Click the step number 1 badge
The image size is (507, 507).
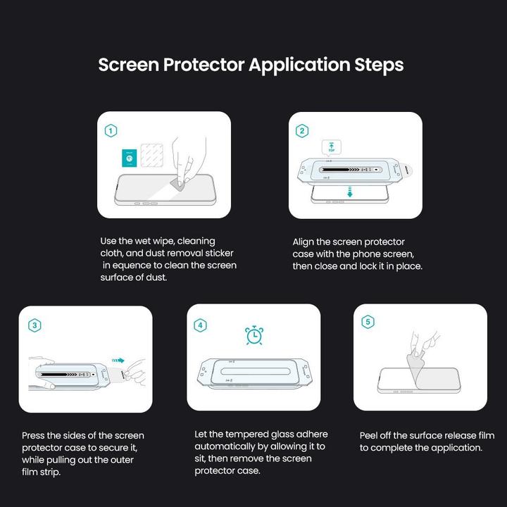click(x=111, y=131)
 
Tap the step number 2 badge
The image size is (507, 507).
click(x=302, y=131)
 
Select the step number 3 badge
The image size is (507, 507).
click(x=34, y=325)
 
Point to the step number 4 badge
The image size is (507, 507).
click(x=201, y=325)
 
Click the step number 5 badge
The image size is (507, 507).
click(x=367, y=322)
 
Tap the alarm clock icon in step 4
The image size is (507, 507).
click(x=254, y=335)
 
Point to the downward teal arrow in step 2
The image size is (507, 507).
click(x=348, y=192)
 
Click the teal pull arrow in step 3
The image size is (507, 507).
click(x=118, y=361)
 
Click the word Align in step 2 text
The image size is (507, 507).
click(x=304, y=242)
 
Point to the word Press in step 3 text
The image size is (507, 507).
click(x=35, y=436)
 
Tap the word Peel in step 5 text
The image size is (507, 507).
click(x=370, y=436)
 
